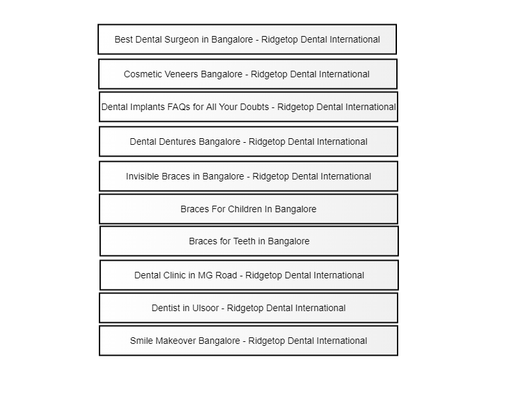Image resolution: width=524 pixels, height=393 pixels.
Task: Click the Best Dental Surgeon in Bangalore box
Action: [248, 39]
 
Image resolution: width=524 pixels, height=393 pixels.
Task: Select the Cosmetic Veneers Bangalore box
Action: [248, 74]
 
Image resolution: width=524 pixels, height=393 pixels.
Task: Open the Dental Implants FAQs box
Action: [249, 107]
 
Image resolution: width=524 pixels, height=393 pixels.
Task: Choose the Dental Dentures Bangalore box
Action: [249, 141]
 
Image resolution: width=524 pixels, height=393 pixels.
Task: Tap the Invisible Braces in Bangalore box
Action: [249, 176]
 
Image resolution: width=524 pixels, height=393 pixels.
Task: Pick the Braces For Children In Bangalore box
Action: [249, 209]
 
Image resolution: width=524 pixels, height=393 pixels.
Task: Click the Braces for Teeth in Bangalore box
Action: [250, 241]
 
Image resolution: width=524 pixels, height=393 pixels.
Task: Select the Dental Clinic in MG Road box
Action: [250, 275]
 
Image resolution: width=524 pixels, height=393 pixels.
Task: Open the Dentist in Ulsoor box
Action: [249, 308]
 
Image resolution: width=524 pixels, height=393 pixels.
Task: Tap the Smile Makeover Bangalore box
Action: [249, 341]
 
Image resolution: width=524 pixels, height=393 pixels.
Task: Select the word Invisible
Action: [141, 176]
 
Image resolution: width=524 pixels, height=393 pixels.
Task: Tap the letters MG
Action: [204, 275]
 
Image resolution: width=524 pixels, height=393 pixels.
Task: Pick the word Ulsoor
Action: [205, 308]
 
